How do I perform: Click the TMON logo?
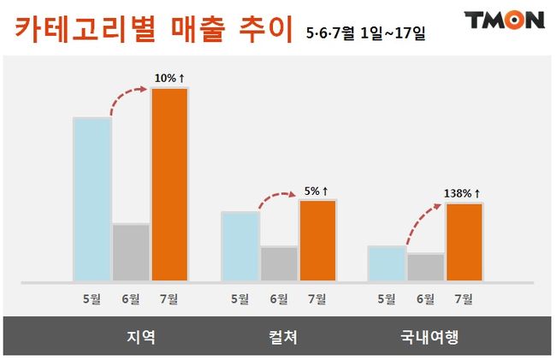pyautogui.click(x=504, y=20)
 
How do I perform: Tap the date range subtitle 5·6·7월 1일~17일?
pyautogui.click(x=365, y=33)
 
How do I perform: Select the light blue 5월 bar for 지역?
pyautogui.click(x=92, y=199)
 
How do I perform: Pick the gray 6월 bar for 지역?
pyautogui.click(x=131, y=252)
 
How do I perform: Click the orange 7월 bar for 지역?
pyautogui.click(x=169, y=184)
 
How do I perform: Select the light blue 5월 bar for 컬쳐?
pyautogui.click(x=240, y=246)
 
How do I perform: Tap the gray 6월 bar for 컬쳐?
pyautogui.click(x=278, y=263)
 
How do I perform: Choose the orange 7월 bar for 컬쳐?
pyautogui.click(x=316, y=240)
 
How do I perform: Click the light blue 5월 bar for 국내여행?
pyautogui.click(x=386, y=263)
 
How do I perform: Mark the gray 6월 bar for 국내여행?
pyautogui.click(x=425, y=267)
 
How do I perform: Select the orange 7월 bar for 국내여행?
pyautogui.click(x=464, y=242)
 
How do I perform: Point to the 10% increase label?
pyautogui.click(x=169, y=79)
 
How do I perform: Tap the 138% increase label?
pyautogui.click(x=463, y=193)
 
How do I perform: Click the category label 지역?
pyautogui.click(x=139, y=335)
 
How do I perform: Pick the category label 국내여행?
pyautogui.click(x=429, y=335)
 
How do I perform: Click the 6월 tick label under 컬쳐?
pyautogui.click(x=278, y=298)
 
